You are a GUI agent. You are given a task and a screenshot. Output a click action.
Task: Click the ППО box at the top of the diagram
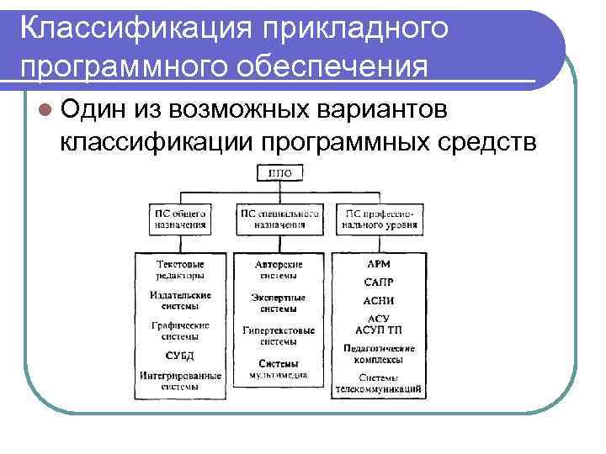coord(279,173)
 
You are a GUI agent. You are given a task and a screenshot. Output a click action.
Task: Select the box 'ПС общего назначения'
coord(180,218)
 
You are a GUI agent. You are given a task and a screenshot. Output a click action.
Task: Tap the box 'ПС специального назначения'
coord(279,218)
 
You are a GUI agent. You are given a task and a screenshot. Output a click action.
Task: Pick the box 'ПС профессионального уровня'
coord(381,218)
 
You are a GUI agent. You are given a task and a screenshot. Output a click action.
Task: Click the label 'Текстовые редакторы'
coord(180,270)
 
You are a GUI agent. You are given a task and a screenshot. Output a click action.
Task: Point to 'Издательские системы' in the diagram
coord(180,300)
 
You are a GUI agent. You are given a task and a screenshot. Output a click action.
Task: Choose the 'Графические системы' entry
coord(180,330)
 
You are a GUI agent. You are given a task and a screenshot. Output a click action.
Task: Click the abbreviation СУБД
coord(180,356)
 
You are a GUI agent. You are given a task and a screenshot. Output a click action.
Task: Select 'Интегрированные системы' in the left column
coord(180,381)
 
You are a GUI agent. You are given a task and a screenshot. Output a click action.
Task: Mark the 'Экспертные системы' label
coord(278,303)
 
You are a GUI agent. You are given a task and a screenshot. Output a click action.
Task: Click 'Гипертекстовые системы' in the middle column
coord(279,336)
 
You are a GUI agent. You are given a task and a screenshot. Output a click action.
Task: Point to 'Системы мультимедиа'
coord(279,368)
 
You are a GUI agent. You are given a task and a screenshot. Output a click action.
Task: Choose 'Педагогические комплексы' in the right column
coord(380,353)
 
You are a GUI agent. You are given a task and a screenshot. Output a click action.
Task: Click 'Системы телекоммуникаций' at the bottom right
coord(380,383)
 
